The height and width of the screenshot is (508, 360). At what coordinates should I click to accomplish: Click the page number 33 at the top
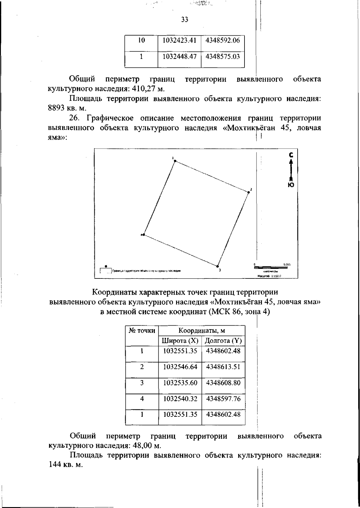[x=184, y=20]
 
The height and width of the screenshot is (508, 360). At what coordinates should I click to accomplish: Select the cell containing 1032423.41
[x=179, y=40]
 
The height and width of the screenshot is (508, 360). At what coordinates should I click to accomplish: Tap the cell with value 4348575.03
[x=223, y=56]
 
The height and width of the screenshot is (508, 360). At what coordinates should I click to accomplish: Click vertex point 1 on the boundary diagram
[x=175, y=161]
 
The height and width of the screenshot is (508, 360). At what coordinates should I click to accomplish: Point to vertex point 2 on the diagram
[x=248, y=192]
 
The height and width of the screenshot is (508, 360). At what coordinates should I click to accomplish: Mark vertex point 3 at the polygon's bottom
[x=217, y=266]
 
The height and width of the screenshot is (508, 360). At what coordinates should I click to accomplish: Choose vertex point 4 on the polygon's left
[x=144, y=234]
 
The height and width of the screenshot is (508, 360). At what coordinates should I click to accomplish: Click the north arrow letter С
[x=290, y=155]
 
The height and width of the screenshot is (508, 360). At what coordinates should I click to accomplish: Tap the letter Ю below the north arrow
[x=290, y=185]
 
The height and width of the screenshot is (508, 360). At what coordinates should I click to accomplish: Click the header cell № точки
[x=142, y=331]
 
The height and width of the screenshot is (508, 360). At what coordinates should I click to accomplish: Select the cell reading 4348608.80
[x=223, y=383]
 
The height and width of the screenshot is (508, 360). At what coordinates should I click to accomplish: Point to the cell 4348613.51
[x=223, y=367]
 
